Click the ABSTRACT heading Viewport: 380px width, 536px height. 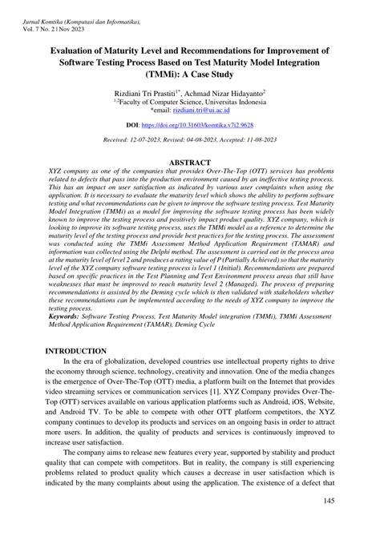tap(189, 162)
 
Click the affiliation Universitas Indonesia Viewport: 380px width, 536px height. tap(232, 103)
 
